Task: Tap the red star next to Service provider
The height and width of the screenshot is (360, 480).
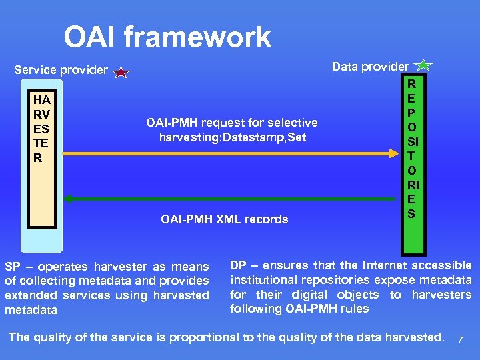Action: point(121,72)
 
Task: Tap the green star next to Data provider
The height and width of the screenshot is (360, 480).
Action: point(424,65)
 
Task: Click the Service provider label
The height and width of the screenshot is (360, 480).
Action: point(61,70)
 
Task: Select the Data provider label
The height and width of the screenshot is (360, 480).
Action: point(370,66)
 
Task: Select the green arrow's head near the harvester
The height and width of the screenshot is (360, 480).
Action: point(67,199)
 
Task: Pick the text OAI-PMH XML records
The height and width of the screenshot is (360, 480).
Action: point(225,219)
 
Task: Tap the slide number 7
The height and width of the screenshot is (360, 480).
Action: point(460,341)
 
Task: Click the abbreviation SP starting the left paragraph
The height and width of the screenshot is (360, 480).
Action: point(13,267)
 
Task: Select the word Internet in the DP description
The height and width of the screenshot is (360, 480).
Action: point(377,265)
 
